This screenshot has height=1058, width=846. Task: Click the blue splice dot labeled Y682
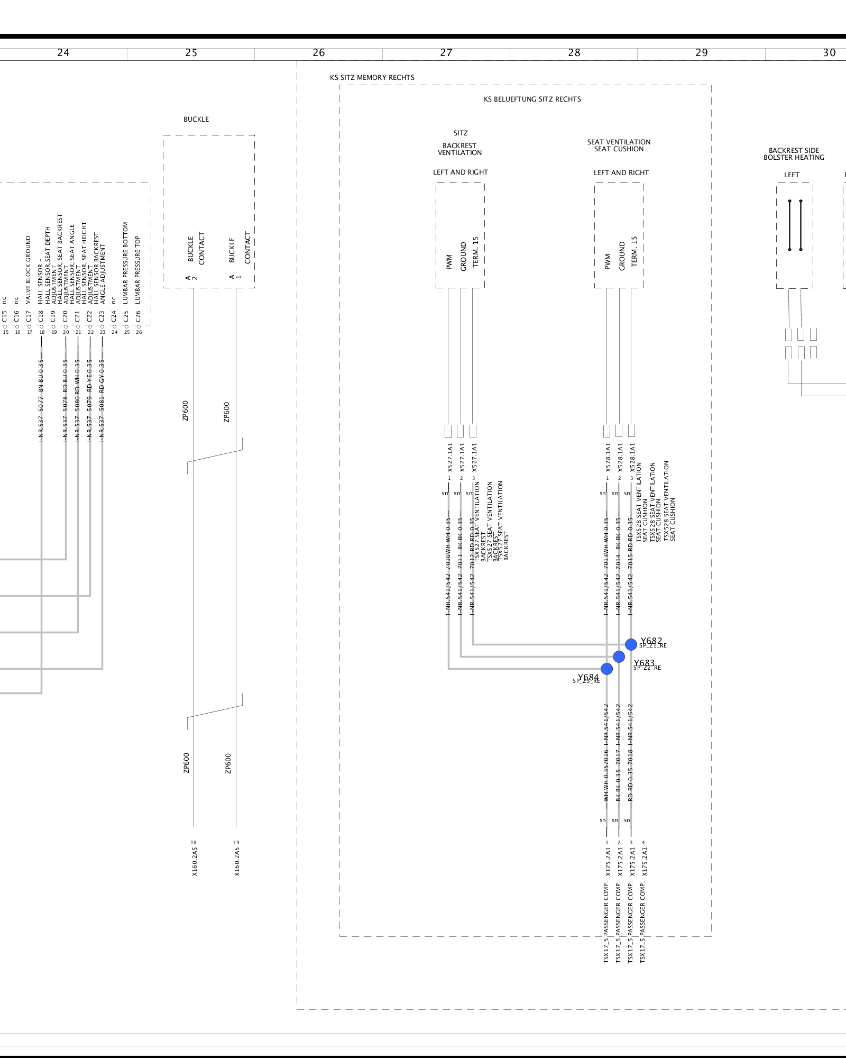pyautogui.click(x=631, y=644)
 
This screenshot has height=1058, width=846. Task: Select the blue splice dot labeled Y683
pyautogui.click(x=619, y=656)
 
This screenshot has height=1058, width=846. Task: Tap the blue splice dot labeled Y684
pyautogui.click(x=606, y=669)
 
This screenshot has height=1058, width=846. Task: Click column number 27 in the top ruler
pyautogui.click(x=446, y=53)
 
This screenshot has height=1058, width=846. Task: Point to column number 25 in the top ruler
pyautogui.click(x=191, y=53)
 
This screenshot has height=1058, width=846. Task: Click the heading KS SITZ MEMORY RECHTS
pyautogui.click(x=372, y=78)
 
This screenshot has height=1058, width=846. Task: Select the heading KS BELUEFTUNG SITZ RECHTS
pyautogui.click(x=532, y=99)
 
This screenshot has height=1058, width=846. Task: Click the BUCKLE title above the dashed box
pyautogui.click(x=196, y=120)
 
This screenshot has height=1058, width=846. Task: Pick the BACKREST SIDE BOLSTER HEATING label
pyautogui.click(x=794, y=154)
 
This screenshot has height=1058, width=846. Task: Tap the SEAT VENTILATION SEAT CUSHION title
pyautogui.click(x=619, y=145)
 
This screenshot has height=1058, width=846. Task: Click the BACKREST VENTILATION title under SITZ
pyautogui.click(x=459, y=149)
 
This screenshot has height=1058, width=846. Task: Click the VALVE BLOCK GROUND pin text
pyautogui.click(x=29, y=270)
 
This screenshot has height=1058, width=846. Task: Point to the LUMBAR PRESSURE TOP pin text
pyautogui.click(x=138, y=269)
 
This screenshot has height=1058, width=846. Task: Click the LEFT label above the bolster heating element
pyautogui.click(x=792, y=175)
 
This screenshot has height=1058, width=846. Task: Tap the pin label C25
pyautogui.click(x=126, y=316)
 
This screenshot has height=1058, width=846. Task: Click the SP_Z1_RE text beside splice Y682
pyautogui.click(x=653, y=646)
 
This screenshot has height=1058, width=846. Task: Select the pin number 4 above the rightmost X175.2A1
pyautogui.click(x=643, y=843)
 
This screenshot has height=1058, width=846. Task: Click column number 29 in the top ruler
pyautogui.click(x=701, y=53)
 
